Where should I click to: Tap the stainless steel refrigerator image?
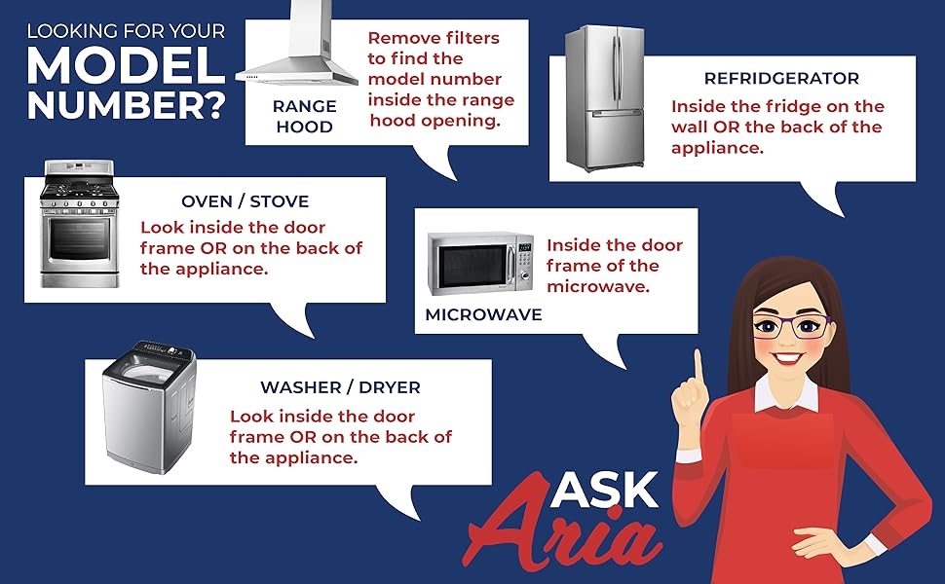605,97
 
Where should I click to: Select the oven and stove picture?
80,223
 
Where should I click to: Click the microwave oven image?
480,263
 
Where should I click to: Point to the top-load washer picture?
149,407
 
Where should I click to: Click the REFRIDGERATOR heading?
781,78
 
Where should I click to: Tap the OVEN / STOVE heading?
245,201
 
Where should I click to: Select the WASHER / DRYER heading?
340,387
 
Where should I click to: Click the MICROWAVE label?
483,314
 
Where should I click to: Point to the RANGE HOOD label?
304,116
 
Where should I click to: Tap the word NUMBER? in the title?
126,105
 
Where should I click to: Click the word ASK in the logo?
604,489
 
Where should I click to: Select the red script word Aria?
563,531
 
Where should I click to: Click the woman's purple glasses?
791,326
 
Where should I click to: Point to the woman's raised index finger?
699,370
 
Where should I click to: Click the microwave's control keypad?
524,263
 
